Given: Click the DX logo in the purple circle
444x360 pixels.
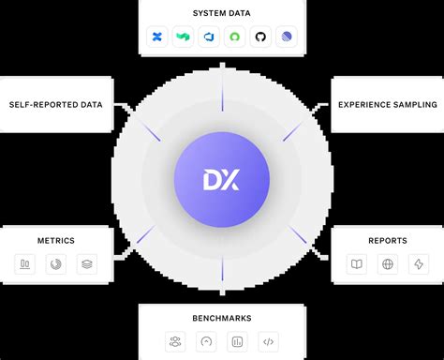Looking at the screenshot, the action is point(222,178).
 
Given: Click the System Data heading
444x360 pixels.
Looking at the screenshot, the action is point(222,13).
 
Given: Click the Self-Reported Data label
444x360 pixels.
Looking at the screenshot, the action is point(55,104).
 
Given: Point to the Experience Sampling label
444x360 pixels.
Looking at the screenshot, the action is point(388,104).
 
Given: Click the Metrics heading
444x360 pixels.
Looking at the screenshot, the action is point(55,241).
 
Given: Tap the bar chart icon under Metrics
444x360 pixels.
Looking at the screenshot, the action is point(25,265).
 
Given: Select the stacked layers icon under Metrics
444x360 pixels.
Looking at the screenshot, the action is point(86,265).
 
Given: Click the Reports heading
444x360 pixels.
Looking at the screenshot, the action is point(387,241).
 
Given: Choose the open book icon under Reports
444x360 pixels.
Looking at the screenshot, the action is point(356,265).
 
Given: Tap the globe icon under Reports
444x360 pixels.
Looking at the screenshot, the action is point(387,265).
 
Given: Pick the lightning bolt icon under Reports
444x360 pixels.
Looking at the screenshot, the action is point(418,265).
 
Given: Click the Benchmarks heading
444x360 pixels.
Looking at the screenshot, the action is point(222,318).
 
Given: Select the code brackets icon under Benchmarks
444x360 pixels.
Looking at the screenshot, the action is point(269,342).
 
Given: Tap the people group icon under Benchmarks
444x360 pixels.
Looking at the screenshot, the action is point(175,342).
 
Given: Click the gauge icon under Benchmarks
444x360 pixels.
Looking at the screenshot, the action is point(206,342).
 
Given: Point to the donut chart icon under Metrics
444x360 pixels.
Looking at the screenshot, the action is point(55,265).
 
